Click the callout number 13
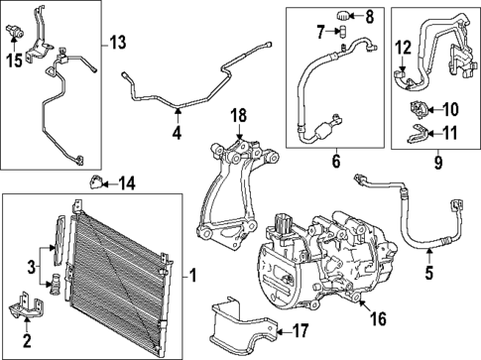point(117,43)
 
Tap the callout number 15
point(13,61)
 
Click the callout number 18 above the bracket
point(238,117)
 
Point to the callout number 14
point(126,182)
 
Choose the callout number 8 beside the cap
point(371,16)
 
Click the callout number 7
point(322,35)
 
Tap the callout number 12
point(403,47)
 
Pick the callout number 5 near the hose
point(430,267)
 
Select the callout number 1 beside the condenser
point(193,274)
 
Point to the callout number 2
point(27,341)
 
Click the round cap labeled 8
point(342,16)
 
